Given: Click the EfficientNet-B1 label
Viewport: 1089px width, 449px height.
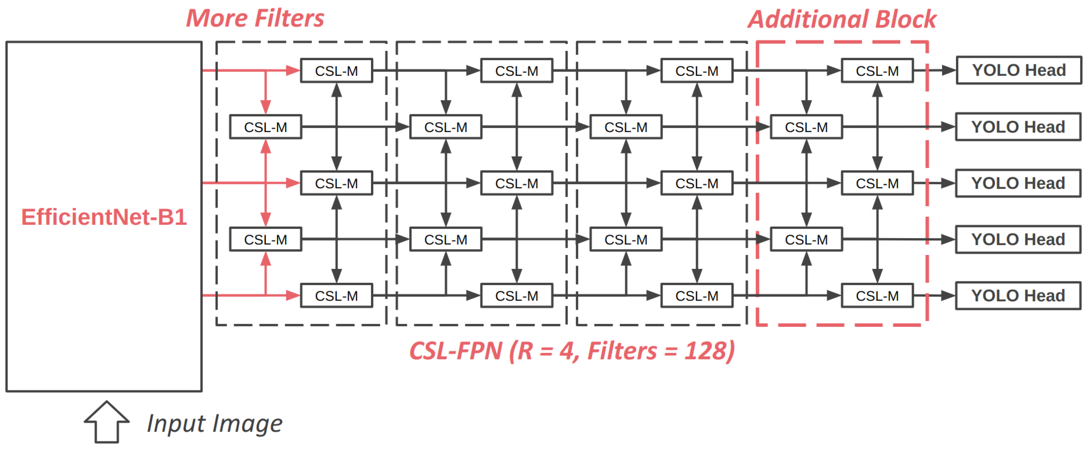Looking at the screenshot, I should coord(104,217).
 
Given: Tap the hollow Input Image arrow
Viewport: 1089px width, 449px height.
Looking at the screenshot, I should coord(106,422).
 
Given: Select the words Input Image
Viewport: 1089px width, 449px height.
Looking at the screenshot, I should coord(214,424).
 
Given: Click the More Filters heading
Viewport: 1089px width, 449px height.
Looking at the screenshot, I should coord(255,19).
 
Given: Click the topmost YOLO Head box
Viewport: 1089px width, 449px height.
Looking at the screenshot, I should coord(1019,70).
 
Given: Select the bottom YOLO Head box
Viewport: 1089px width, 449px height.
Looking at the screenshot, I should coord(1018,296).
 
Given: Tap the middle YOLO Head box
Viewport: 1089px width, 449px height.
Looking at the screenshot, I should coord(1018,183).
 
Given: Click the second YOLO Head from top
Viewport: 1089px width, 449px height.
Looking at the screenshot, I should coord(1018,127).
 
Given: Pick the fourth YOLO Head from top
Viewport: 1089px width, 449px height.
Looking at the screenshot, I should coord(1018,239).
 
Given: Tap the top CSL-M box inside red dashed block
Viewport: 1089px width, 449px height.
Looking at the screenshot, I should coord(877,71).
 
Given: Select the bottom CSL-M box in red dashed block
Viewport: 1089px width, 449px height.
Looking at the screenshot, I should coord(877,296).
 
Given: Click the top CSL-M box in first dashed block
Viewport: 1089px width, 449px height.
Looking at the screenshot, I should coord(337,71).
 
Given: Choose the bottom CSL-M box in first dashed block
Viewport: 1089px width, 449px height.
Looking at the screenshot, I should coord(337,296).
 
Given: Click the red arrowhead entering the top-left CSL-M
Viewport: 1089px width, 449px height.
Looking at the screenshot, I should coord(293,71).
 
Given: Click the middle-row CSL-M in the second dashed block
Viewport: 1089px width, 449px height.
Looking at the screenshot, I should coord(517,183).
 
